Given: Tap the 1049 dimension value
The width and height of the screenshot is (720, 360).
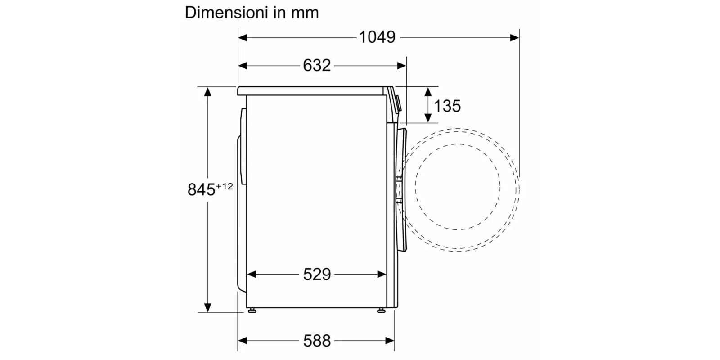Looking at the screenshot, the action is pyautogui.click(x=377, y=37).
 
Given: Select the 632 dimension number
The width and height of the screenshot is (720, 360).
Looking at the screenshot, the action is pyautogui.click(x=317, y=66).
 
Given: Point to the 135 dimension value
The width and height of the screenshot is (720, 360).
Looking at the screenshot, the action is pyautogui.click(x=447, y=106).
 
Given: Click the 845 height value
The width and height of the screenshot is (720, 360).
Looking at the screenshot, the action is pyautogui.click(x=201, y=189).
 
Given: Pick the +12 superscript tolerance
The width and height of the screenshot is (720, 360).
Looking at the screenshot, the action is pyautogui.click(x=225, y=186).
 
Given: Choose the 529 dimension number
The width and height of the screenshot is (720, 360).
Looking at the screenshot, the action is pyautogui.click(x=317, y=274).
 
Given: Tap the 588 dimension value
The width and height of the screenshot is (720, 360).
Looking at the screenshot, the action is pyautogui.click(x=317, y=341).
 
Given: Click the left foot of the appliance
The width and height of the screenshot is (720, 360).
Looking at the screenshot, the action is pyautogui.click(x=252, y=310).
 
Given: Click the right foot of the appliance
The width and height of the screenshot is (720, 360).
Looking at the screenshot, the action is pyautogui.click(x=381, y=310).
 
